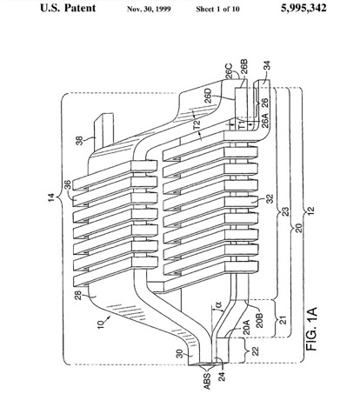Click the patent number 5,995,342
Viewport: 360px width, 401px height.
303,8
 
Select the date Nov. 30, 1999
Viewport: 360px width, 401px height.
149,9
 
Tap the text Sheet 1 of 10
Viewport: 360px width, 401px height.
217,9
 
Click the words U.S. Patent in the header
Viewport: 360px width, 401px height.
68,8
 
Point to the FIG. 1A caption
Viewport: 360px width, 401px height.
311,329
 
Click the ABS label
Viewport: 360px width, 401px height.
207,381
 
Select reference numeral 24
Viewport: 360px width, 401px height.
222,377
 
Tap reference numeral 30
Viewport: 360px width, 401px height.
180,354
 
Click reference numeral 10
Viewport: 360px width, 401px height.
101,324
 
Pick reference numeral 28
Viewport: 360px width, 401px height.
79,296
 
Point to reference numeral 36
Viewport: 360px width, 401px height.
67,185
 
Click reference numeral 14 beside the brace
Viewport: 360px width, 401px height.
51,197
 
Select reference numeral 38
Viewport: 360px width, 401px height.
79,141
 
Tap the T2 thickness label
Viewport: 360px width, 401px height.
197,125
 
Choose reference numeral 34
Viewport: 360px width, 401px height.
266,65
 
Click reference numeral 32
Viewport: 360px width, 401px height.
270,198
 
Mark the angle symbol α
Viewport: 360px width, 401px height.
219,304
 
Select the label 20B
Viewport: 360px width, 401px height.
260,320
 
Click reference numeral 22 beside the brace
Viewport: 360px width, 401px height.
256,351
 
